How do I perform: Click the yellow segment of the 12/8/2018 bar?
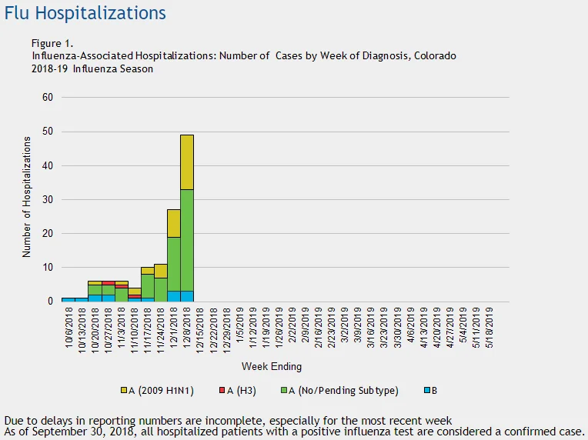pos(187,162)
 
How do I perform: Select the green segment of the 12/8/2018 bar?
pos(187,240)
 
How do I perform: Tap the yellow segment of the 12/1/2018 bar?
pos(174,223)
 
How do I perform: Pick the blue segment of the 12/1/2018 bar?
pos(174,296)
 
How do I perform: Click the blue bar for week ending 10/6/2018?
pos(68,299)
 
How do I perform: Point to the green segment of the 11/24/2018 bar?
pos(161,290)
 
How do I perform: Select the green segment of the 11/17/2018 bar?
pos(148,286)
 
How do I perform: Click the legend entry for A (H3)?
pos(238,391)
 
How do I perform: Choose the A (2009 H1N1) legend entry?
pos(157,391)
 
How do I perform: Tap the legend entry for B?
pos(431,391)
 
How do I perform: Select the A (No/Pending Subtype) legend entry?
pos(339,391)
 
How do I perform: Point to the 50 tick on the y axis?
pos(48,132)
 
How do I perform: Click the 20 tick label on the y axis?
pos(48,234)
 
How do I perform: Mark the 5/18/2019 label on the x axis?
pos(489,328)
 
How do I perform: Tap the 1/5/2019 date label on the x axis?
pos(240,325)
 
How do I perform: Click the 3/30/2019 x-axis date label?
pos(397,328)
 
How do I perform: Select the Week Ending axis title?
pos(272,366)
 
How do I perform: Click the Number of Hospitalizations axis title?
pos(26,197)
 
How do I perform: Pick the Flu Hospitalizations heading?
pos(85,13)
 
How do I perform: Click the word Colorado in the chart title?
pos(435,56)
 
